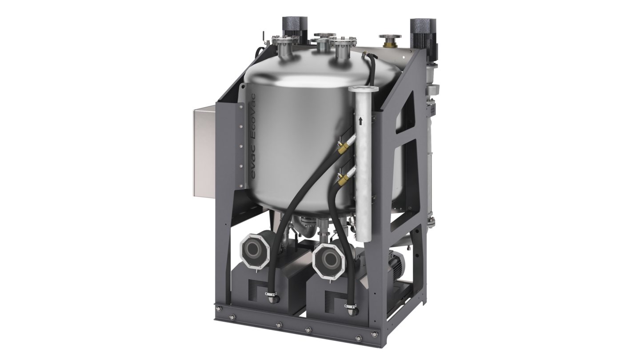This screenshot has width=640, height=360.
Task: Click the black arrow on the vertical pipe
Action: [360, 121]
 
